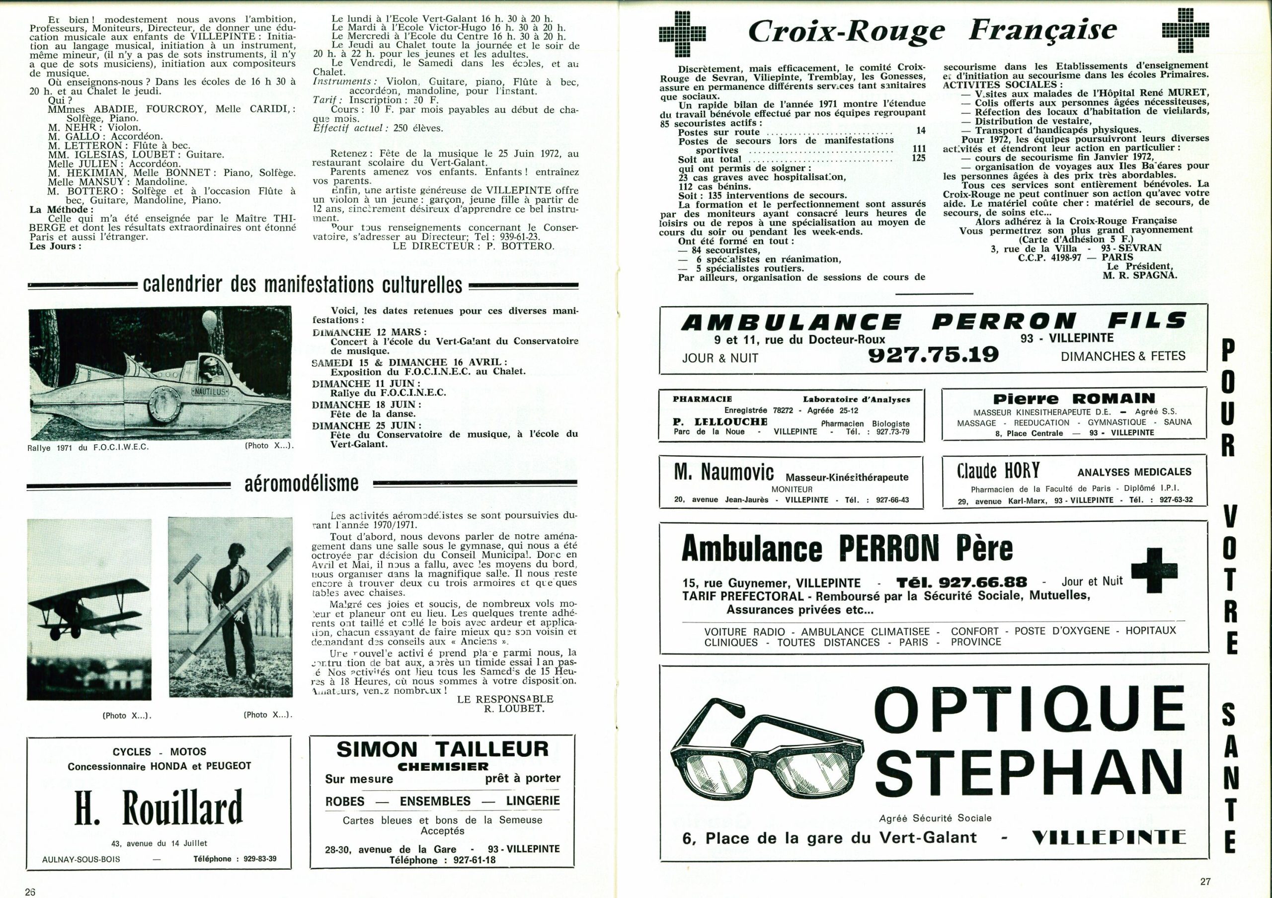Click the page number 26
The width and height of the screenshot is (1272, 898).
coord(30,892)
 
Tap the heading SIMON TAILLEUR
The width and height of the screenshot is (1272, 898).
coord(442,749)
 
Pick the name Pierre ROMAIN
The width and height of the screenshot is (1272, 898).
coord(1074,399)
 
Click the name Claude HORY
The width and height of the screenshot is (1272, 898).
coord(998,471)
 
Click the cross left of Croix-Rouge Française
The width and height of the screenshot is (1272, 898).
coord(683,33)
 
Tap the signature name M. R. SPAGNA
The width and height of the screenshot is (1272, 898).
coord(1140,275)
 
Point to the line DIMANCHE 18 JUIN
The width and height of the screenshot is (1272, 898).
coord(366,405)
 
